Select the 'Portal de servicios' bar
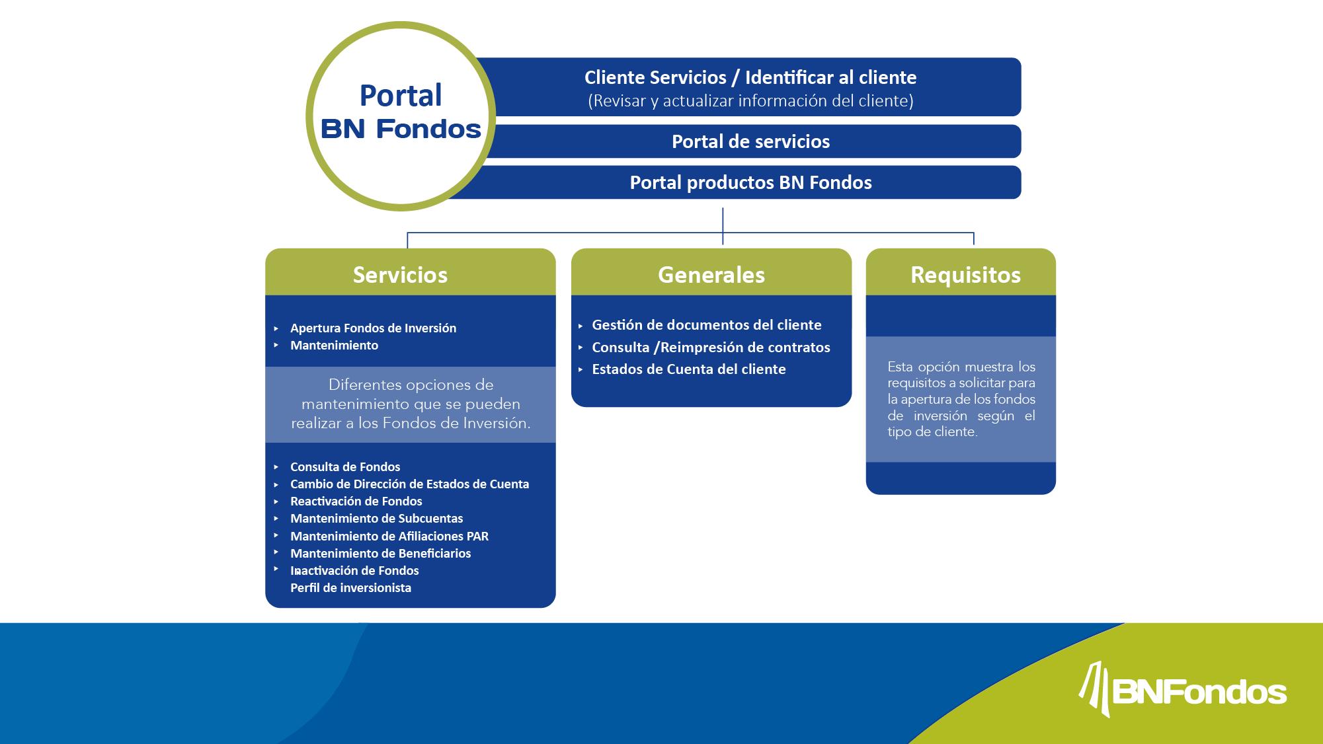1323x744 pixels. pos(750,141)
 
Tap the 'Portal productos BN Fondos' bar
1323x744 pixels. pos(750,182)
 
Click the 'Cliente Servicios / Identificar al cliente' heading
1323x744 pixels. pos(750,78)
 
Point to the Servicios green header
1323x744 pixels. pos(400,275)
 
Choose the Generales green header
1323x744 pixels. pos(711,275)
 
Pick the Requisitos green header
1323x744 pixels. pos(965,275)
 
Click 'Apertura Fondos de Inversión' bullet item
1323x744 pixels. pos(373,328)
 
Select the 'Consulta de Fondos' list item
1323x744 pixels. pos(345,467)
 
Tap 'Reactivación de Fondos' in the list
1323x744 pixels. pos(356,502)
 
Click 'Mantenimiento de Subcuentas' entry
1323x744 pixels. pos(376,519)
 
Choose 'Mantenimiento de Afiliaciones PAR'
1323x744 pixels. pos(389,537)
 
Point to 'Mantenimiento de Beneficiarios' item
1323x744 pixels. pos(380,554)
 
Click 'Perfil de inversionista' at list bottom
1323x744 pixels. pos(350,588)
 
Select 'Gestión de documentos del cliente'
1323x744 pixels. pos(706,325)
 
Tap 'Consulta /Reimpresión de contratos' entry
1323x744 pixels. pos(711,348)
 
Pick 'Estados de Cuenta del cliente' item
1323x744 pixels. pos(688,369)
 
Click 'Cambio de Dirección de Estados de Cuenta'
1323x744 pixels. pos(409,484)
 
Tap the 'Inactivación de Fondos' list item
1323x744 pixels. pos(354,571)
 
